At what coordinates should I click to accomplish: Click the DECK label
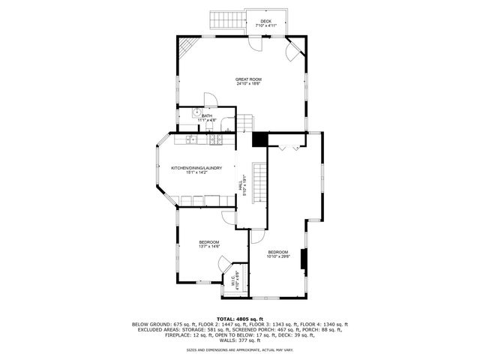pyautogui.click(x=266, y=20)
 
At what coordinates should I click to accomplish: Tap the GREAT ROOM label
pyautogui.click(x=248, y=79)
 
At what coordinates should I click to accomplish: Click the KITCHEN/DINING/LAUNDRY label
pyautogui.click(x=196, y=168)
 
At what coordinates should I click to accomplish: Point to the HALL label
pyautogui.click(x=241, y=181)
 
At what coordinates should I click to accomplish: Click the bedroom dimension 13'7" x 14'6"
pyautogui.click(x=208, y=246)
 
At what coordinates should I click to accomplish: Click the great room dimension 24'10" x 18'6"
pyautogui.click(x=248, y=83)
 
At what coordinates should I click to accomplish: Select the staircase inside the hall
pyautogui.click(x=259, y=181)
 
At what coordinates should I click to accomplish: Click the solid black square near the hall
pyautogui.click(x=260, y=139)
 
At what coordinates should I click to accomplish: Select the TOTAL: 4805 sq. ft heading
pyautogui.click(x=239, y=319)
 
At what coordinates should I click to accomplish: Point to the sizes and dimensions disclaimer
pyautogui.click(x=240, y=349)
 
